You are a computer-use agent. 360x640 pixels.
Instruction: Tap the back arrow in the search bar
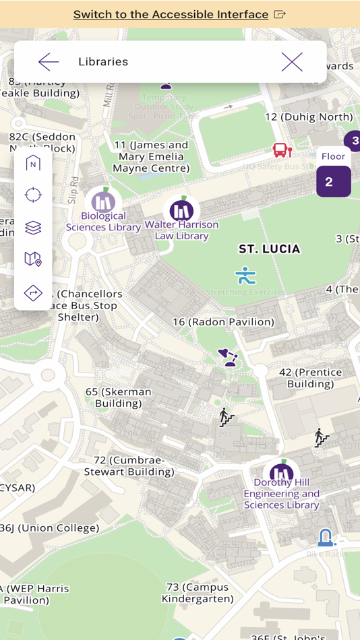(x=49, y=62)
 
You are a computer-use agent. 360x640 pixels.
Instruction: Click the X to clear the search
(x=292, y=62)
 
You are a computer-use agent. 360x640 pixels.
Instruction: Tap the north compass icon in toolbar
(x=33, y=163)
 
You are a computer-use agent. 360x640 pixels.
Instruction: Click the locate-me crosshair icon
(x=33, y=195)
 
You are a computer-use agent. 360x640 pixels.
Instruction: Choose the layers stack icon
(x=33, y=228)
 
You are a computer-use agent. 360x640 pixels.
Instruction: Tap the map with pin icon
(x=33, y=259)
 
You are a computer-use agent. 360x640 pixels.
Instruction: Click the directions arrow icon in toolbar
(x=33, y=292)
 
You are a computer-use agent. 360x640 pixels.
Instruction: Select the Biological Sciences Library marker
(x=103, y=201)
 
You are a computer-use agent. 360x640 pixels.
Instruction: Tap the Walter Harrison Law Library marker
(x=181, y=210)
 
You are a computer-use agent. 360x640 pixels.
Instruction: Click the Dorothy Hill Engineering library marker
(x=281, y=473)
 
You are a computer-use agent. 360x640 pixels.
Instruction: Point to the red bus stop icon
(x=282, y=150)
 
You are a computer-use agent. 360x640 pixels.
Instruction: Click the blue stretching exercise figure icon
(x=245, y=275)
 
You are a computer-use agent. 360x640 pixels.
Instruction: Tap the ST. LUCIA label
(x=269, y=249)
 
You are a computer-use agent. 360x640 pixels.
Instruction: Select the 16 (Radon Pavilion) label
(x=223, y=322)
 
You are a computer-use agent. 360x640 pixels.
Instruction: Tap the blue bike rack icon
(x=326, y=536)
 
